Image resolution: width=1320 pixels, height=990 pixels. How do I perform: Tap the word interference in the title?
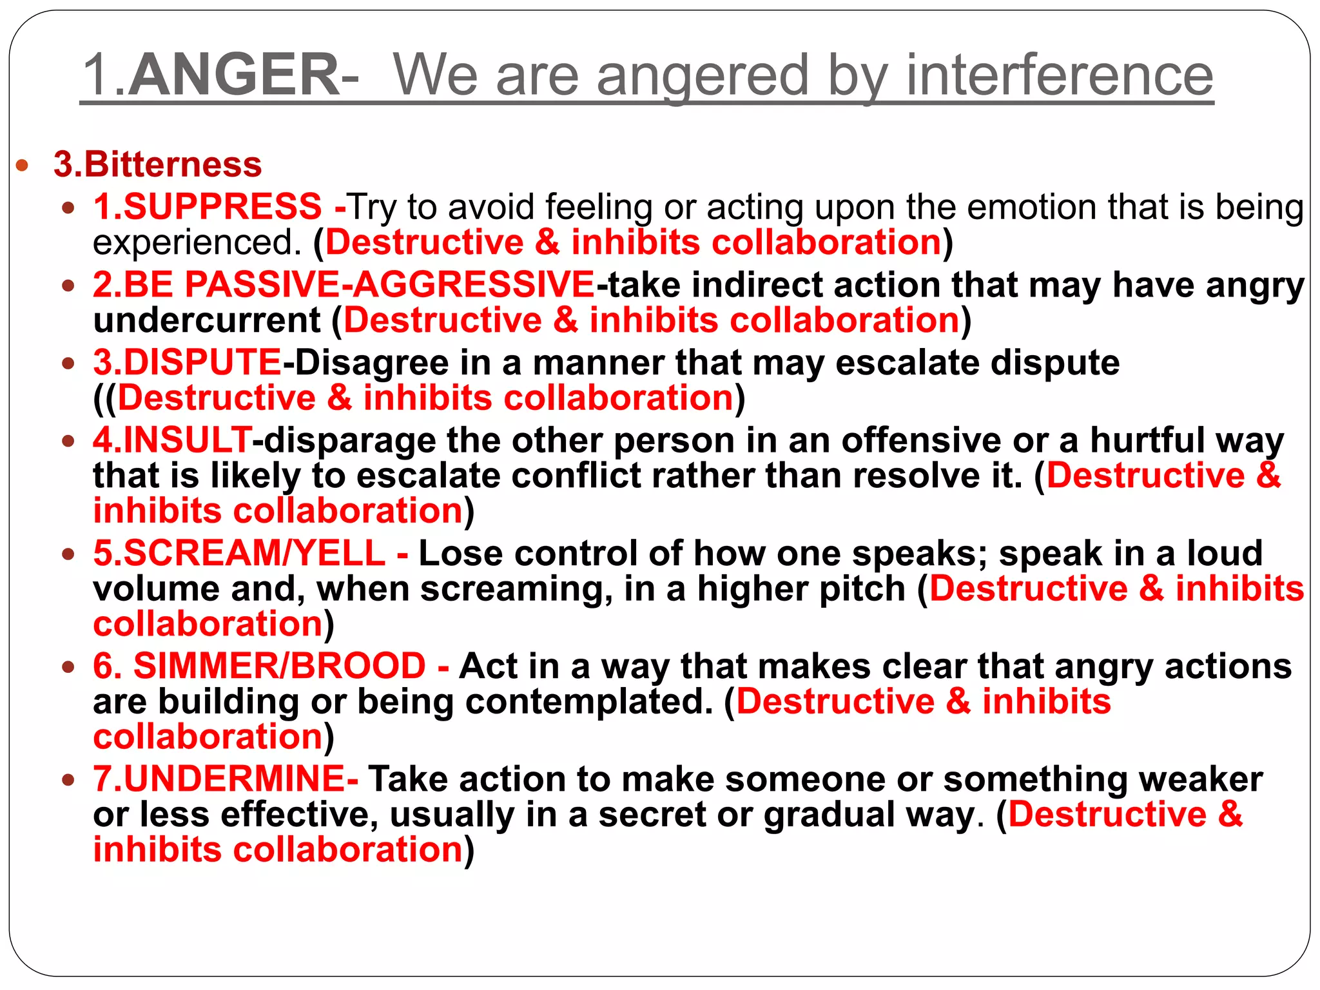click(x=1060, y=75)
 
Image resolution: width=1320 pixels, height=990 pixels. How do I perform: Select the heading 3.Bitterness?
click(x=158, y=164)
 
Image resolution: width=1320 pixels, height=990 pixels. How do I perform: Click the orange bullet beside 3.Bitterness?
click(x=23, y=165)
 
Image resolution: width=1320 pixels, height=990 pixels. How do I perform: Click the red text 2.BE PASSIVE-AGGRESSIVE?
click(x=344, y=284)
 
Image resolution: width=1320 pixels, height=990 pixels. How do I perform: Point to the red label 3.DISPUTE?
click(x=188, y=362)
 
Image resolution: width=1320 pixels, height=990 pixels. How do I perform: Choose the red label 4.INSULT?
click(x=172, y=440)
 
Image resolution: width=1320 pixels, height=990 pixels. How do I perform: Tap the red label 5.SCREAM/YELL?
click(x=239, y=553)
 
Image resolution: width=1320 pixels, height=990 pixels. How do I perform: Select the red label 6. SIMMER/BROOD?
click(x=259, y=666)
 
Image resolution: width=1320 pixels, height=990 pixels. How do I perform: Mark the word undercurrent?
click(x=207, y=320)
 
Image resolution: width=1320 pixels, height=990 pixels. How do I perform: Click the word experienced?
click(x=197, y=243)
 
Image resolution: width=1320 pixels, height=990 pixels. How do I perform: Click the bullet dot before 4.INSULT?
click(x=68, y=442)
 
